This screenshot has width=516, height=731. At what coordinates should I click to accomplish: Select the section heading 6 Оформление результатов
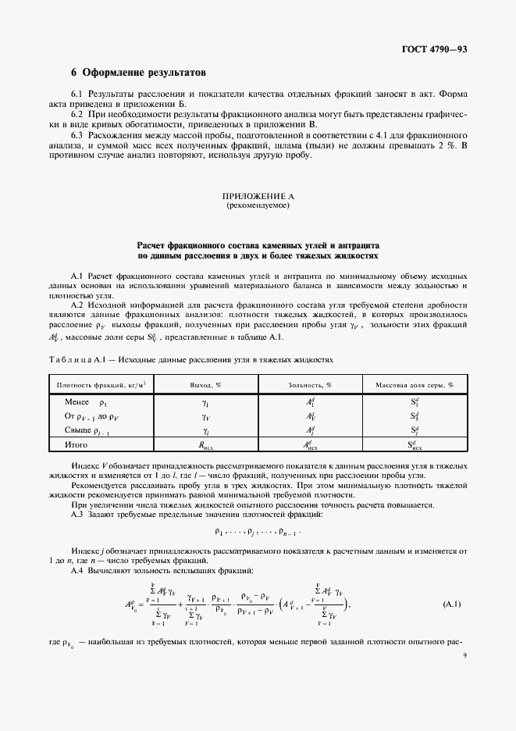tap(138, 73)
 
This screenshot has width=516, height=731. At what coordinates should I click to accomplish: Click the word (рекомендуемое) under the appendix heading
tap(258, 207)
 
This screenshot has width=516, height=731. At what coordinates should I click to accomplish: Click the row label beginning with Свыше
tap(86, 430)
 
